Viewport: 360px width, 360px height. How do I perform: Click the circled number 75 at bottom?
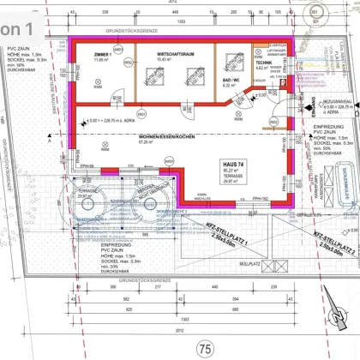click(203, 348)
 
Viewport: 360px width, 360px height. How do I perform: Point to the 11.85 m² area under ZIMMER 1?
click(100, 60)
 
